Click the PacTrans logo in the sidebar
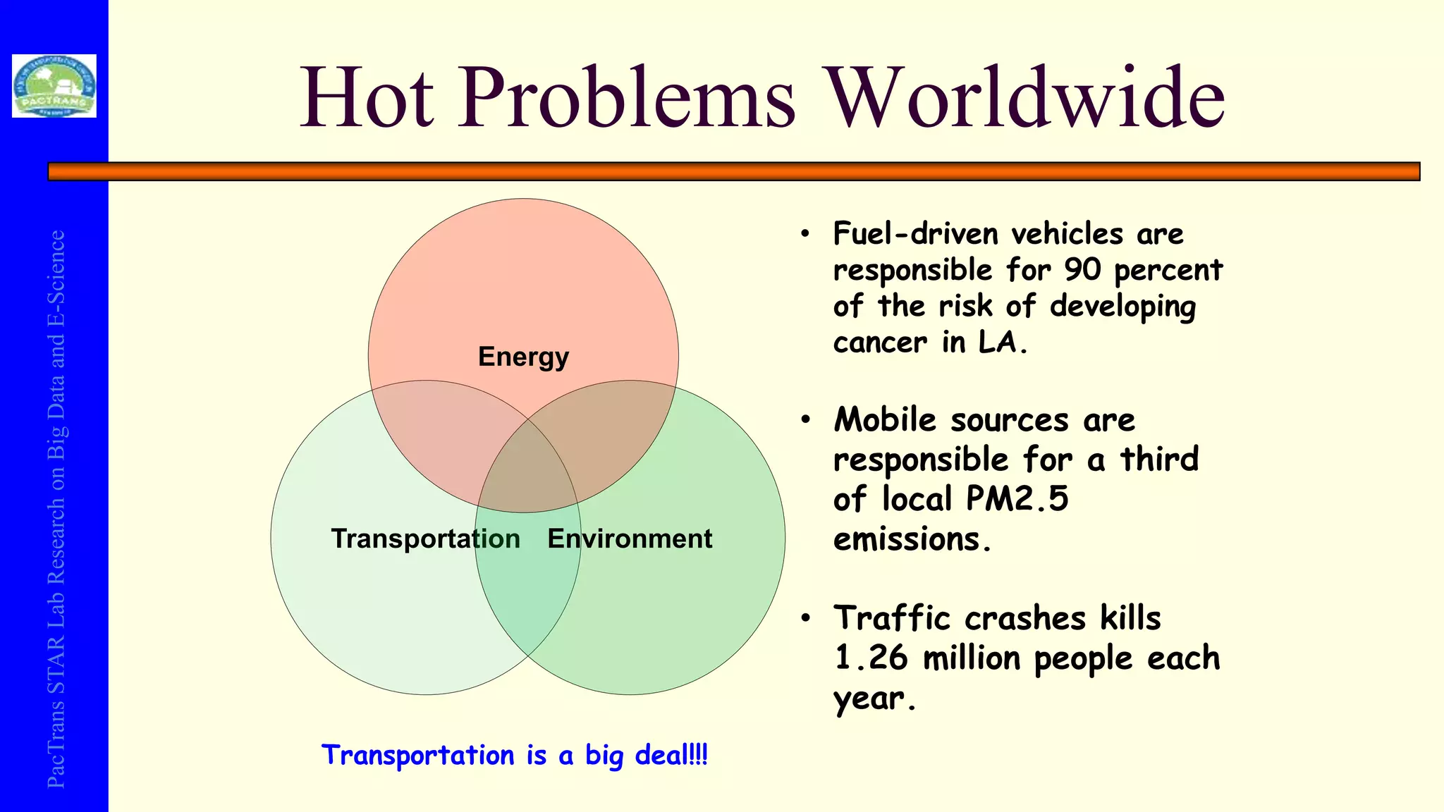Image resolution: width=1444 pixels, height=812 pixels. [54, 85]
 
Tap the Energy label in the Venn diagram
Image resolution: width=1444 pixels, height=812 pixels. [523, 357]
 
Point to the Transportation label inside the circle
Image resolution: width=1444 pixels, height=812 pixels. [425, 539]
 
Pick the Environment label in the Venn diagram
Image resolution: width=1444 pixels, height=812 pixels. [630, 539]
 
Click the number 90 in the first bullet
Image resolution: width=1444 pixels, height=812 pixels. [1082, 269]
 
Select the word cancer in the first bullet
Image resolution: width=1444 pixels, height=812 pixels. [880, 343]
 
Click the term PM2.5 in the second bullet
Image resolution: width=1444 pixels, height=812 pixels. [1017, 498]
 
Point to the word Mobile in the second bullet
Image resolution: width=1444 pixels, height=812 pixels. [885, 419]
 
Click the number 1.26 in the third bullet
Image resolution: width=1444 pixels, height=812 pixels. [871, 658]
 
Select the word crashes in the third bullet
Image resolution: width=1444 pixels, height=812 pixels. [1024, 618]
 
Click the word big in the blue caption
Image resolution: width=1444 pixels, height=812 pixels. [604, 756]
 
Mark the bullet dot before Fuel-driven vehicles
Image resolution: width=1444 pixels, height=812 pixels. [805, 234]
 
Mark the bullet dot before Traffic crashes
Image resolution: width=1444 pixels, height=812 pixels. [805, 619]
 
